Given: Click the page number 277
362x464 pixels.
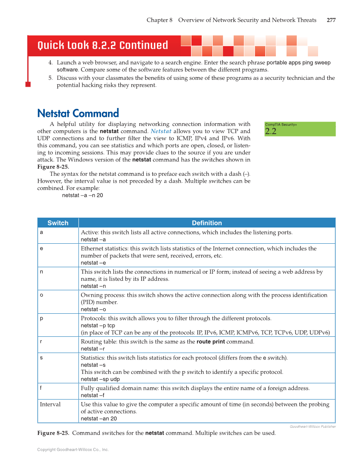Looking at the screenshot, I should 331,20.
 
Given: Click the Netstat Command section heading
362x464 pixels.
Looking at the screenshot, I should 78,113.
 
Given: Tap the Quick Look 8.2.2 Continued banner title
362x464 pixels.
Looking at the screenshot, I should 102,46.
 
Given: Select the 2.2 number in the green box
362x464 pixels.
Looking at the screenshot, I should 271,131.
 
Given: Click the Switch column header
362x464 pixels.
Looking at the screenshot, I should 58,223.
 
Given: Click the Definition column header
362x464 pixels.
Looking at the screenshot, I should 207,223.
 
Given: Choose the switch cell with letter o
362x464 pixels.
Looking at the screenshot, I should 41,295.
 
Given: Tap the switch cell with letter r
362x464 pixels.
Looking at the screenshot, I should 41,341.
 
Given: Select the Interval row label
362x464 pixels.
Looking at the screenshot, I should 50,404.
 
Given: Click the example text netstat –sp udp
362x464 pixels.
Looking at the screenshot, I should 100,379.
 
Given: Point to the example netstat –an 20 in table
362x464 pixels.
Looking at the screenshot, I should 99,419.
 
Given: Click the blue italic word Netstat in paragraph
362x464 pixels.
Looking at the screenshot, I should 161,131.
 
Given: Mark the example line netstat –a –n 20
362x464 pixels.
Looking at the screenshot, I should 82,195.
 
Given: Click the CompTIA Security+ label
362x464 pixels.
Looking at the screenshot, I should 281,124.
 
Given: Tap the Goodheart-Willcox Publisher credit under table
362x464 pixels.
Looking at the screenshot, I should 313,426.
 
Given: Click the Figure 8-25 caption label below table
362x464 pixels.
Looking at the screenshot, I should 53,433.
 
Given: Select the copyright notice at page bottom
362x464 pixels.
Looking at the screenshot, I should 73,449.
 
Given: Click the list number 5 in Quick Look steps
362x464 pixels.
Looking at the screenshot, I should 50,78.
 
